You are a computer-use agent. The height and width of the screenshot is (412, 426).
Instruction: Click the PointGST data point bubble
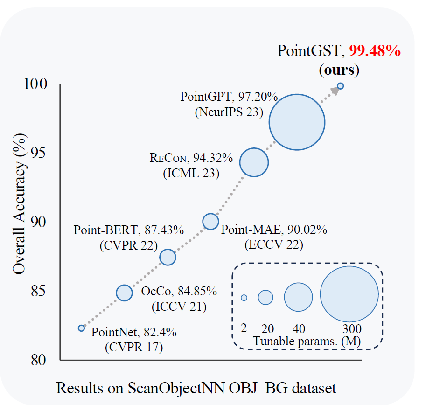point(340,86)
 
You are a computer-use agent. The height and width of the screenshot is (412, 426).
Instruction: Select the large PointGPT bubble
point(297,122)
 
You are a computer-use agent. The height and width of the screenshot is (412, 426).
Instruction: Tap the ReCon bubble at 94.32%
point(254,162)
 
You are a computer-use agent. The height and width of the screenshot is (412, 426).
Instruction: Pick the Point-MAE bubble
point(210,221)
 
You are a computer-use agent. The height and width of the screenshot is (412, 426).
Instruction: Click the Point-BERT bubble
point(168,257)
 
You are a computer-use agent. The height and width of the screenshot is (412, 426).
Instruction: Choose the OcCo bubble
point(124,293)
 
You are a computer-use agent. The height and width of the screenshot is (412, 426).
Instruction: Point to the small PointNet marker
point(81,328)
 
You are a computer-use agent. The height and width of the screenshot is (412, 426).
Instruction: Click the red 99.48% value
point(375,51)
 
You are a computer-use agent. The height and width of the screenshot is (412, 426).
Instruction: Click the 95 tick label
point(39,154)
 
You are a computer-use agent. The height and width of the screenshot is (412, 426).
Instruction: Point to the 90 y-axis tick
point(39,222)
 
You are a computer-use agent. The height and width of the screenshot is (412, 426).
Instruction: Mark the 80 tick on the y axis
point(39,360)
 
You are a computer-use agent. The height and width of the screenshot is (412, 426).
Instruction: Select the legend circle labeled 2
point(244,298)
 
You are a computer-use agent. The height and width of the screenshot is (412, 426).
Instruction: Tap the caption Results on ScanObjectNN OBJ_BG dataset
point(196,388)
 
